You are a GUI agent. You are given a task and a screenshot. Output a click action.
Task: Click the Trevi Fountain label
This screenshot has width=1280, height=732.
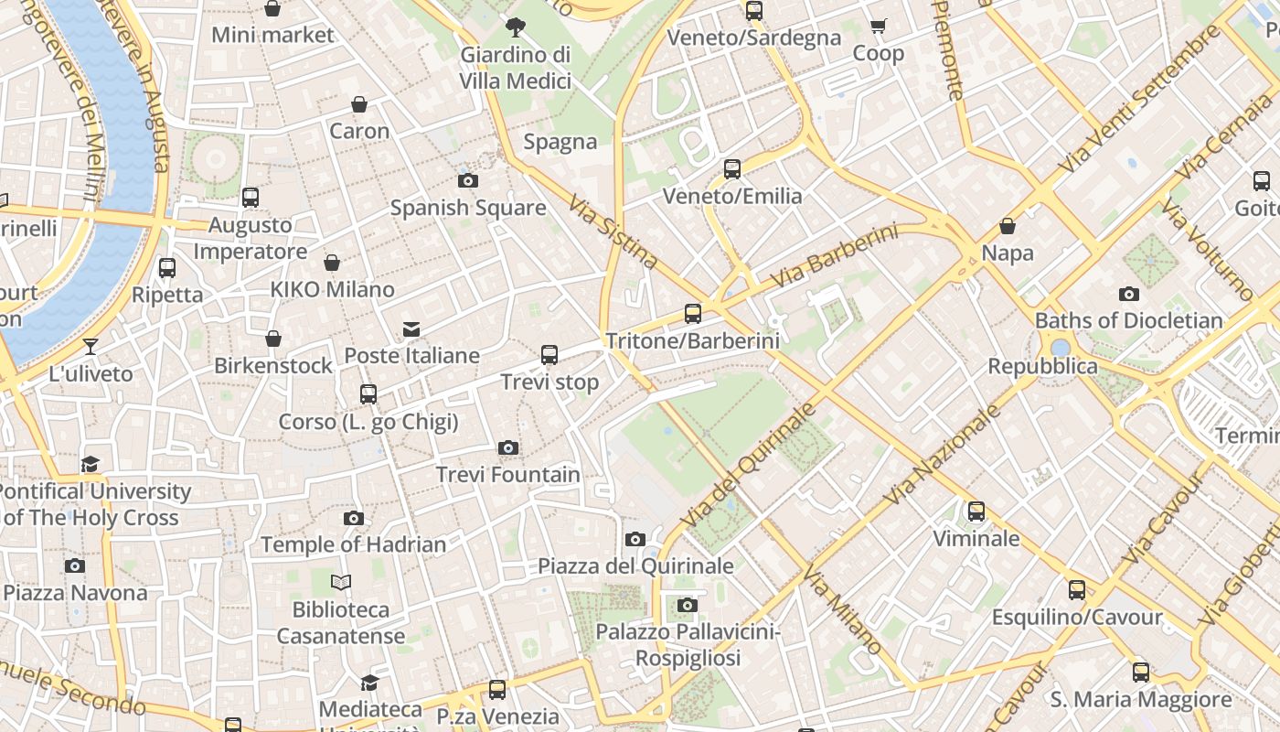click(x=507, y=475)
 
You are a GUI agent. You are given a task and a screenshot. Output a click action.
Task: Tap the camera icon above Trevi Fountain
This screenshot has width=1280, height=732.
click(x=508, y=448)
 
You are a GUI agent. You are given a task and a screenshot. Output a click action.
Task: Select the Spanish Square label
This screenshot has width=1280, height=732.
click(x=468, y=208)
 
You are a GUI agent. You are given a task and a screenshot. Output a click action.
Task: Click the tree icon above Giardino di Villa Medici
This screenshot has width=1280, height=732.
click(x=516, y=27)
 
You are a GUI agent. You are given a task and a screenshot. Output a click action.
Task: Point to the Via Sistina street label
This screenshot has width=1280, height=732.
click(x=613, y=231)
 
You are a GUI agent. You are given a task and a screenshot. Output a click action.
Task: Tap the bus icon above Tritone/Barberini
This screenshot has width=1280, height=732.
click(x=693, y=314)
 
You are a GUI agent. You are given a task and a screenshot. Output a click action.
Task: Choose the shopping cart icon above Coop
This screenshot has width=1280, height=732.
click(x=879, y=27)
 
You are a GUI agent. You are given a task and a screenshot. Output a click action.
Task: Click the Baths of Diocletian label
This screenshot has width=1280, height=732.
click(x=1128, y=320)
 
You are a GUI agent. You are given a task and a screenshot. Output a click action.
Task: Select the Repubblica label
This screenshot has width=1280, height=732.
click(x=1042, y=366)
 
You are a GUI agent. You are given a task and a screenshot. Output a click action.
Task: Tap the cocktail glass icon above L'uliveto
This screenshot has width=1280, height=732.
click(x=91, y=346)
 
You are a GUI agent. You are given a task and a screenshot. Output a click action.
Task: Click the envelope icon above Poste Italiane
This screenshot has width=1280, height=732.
click(x=411, y=329)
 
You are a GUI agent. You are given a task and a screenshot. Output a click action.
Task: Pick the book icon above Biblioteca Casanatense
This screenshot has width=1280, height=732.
click(x=341, y=582)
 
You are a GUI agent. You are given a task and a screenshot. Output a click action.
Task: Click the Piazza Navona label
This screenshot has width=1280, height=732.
click(x=75, y=593)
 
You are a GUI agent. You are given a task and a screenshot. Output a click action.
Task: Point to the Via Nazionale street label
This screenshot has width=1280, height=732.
click(x=943, y=455)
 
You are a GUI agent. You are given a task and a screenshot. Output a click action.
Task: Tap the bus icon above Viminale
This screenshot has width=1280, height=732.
click(x=976, y=511)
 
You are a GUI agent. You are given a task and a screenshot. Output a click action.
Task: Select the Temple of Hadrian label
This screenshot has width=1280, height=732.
click(x=354, y=544)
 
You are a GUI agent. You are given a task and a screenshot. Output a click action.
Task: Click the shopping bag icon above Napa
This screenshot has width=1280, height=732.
click(x=1008, y=226)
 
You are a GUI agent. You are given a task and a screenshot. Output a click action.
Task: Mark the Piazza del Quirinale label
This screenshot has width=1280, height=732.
click(x=635, y=565)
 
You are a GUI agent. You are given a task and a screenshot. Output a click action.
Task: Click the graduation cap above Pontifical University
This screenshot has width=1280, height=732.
click(x=90, y=464)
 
